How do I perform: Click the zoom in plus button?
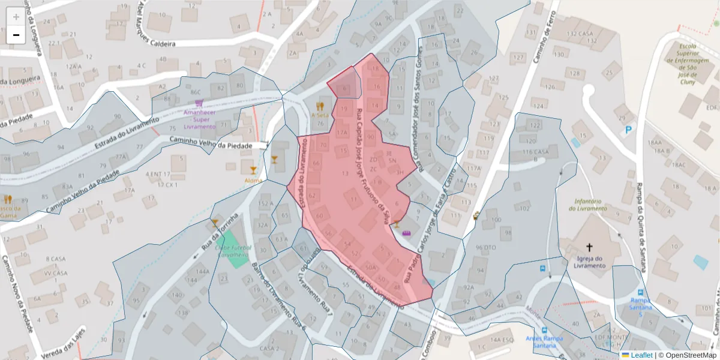coord(16,17)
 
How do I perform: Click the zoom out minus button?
coord(16,35)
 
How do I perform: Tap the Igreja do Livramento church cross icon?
coord(589,247)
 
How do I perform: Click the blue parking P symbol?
coord(629,129)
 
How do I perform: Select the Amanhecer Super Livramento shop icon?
coord(199,103)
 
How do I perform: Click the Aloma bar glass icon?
coord(253,170)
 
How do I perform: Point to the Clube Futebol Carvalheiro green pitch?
coord(235,252)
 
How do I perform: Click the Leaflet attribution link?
coord(641,355)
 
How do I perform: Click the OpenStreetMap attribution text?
coord(688,355)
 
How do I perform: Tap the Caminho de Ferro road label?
coord(541,36)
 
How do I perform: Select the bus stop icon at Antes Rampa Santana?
coord(544,330)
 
